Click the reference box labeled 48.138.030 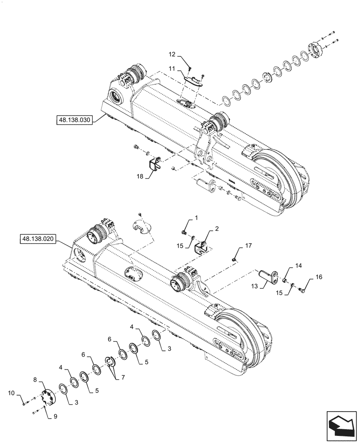(x=74, y=120)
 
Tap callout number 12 (x=172, y=54)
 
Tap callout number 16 (x=319, y=277)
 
